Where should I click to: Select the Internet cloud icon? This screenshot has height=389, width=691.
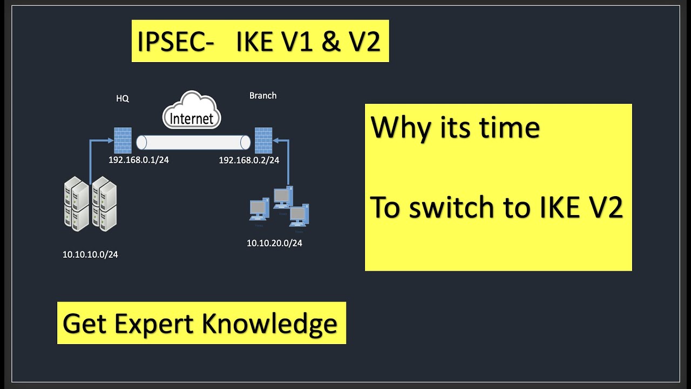click(x=192, y=111)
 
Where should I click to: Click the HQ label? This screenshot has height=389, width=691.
click(x=123, y=99)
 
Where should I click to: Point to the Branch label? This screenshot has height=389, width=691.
click(x=263, y=96)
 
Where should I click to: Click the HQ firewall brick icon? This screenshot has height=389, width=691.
click(x=123, y=140)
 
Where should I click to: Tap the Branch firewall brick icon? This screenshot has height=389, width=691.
click(x=263, y=140)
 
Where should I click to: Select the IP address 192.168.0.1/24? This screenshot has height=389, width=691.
click(x=139, y=160)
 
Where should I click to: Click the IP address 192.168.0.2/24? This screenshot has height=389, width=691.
click(x=249, y=160)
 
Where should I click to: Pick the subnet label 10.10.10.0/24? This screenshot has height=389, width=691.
click(x=90, y=254)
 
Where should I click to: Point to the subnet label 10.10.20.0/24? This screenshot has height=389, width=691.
click(x=274, y=243)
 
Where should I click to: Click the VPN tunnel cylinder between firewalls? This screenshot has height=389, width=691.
click(x=193, y=142)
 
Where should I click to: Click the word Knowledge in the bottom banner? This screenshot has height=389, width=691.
click(x=269, y=324)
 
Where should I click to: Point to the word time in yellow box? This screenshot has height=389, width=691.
click(x=510, y=128)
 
